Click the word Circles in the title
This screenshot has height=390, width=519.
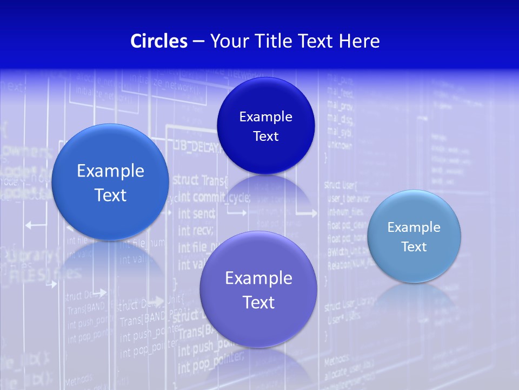click(x=158, y=41)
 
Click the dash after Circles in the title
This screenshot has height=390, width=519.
click(x=198, y=42)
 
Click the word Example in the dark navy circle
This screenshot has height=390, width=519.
click(x=265, y=117)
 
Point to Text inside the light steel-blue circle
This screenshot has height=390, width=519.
click(x=414, y=247)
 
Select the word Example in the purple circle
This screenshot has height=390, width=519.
click(x=258, y=278)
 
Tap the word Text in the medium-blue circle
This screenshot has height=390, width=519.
click(x=110, y=195)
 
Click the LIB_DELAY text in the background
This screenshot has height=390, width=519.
click(x=196, y=146)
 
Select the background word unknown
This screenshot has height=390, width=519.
click(x=339, y=145)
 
